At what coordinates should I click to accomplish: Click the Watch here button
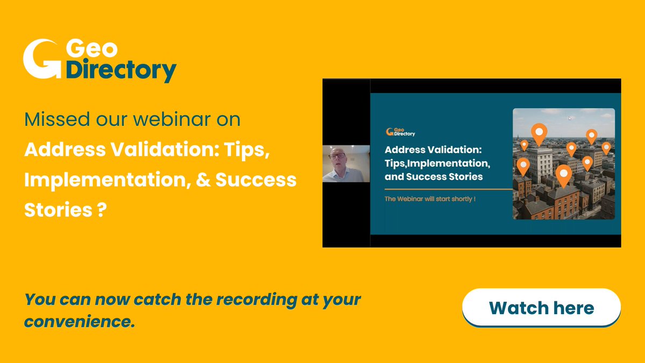pyautogui.click(x=541, y=308)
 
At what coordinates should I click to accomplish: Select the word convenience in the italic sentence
pyautogui.click(x=78, y=322)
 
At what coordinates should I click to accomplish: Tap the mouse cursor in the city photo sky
pyautogui.click(x=570, y=117)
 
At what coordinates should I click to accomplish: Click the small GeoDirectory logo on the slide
pyautogui.click(x=400, y=132)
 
